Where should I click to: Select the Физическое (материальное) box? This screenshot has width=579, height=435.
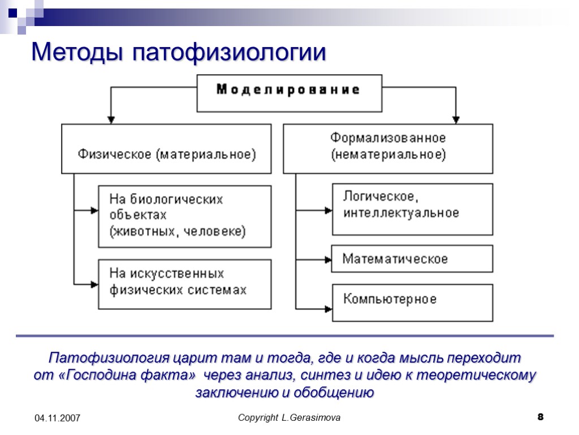[166, 148]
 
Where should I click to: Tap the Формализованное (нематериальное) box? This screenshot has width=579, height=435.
[388, 148]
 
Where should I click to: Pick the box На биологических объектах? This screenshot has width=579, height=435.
[184, 216]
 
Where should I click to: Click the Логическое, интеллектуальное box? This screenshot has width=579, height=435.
[412, 208]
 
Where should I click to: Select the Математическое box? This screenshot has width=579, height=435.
[412, 259]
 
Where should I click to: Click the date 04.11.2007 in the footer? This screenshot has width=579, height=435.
[57, 418]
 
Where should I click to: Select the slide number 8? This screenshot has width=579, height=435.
[541, 417]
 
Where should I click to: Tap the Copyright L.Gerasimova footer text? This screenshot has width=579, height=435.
[289, 418]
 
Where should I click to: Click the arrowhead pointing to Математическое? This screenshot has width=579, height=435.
[327, 259]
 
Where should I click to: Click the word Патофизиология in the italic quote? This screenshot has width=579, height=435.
[102, 359]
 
